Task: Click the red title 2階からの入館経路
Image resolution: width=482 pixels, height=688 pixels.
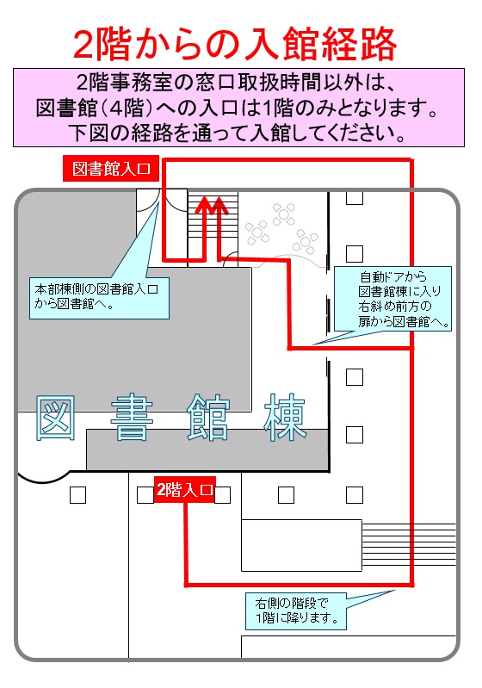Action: (235, 44)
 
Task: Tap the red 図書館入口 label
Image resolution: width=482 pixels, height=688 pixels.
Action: (111, 169)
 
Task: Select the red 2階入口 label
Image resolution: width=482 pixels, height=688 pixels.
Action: (185, 489)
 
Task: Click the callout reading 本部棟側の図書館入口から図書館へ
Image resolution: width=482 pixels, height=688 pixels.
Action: (99, 297)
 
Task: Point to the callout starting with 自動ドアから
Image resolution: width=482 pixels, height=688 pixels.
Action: (393, 299)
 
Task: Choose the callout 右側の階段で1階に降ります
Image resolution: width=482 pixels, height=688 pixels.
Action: (296, 611)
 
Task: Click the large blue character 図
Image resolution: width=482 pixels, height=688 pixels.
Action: (55, 418)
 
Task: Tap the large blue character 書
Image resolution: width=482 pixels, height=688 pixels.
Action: (132, 418)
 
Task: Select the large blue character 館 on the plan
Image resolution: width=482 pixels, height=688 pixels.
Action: (208, 418)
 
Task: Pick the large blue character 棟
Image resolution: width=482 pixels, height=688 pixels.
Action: (285, 418)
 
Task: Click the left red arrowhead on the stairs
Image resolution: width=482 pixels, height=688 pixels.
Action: (203, 204)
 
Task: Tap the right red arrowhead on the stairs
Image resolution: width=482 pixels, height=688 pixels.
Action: (219, 204)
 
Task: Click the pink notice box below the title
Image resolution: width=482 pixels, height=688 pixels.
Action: (238, 108)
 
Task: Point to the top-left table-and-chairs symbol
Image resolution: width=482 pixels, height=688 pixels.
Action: (256, 232)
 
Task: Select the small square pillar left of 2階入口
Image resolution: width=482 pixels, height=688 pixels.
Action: (145, 495)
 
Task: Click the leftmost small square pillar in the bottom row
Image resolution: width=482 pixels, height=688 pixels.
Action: (77, 495)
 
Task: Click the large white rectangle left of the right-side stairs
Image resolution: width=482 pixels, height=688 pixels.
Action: (302, 545)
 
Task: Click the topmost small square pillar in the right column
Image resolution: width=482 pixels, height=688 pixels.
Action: (355, 197)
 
